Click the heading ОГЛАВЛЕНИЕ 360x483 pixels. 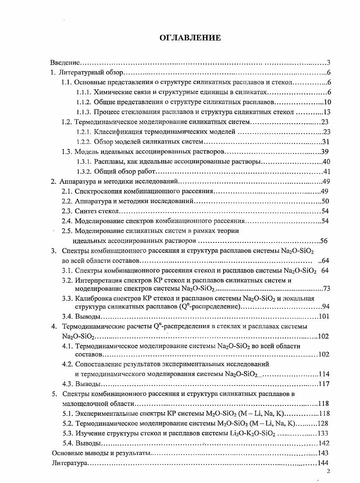point(190,38)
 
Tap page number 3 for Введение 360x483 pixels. point(329,63)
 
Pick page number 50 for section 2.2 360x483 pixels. point(325,201)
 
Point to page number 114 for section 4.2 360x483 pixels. point(324,374)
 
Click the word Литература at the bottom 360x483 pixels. point(69,463)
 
